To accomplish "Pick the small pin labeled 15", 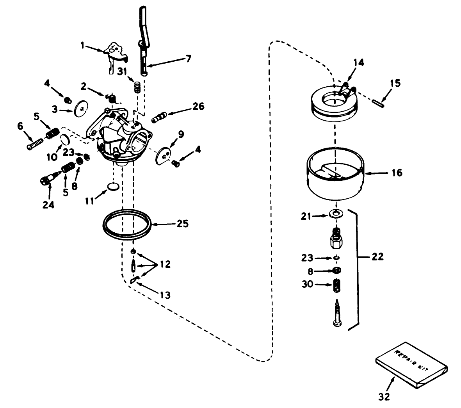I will tap(379, 103).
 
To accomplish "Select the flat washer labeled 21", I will tap(335, 214).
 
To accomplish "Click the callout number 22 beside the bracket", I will tap(377, 257).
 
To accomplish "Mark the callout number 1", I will tap(82, 45).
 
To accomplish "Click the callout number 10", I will tap(52, 157).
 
